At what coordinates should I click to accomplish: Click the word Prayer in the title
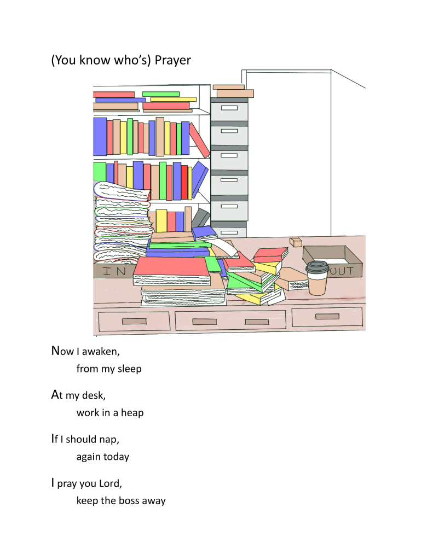click(x=172, y=60)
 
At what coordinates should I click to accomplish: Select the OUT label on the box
click(x=344, y=270)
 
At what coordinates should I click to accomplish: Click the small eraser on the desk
click(x=296, y=241)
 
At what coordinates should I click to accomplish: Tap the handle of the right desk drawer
click(x=327, y=317)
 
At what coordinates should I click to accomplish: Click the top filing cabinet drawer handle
click(x=229, y=108)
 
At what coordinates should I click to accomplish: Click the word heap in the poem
click(x=132, y=413)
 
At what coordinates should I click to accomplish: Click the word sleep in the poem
click(x=129, y=369)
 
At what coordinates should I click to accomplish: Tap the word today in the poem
click(x=116, y=457)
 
